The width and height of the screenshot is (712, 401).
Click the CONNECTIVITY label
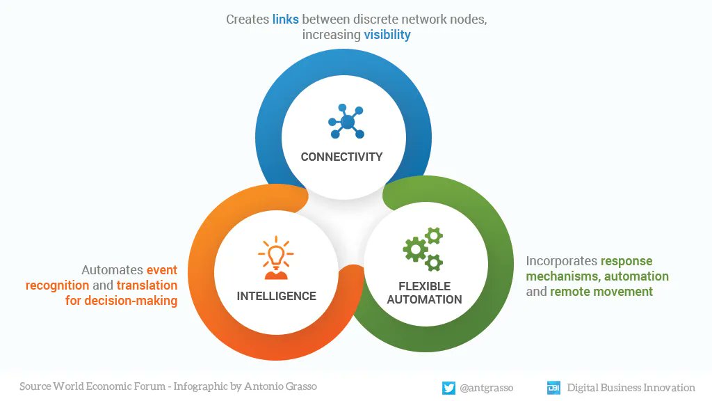click(x=341, y=157)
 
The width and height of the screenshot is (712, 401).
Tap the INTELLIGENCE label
click(x=276, y=296)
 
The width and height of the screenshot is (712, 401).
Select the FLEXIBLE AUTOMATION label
click(x=424, y=293)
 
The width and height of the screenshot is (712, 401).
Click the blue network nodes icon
click(x=346, y=122)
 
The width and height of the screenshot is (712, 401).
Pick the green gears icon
click(x=423, y=249)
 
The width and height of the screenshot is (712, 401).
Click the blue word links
click(x=285, y=19)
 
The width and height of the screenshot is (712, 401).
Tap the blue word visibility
click(x=387, y=35)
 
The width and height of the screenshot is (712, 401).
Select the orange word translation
click(x=147, y=285)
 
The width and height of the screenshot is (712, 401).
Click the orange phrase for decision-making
click(x=122, y=301)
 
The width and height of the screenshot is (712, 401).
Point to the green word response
click(x=626, y=261)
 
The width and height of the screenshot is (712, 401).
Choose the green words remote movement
click(x=601, y=292)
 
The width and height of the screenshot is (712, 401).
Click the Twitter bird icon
click(x=448, y=388)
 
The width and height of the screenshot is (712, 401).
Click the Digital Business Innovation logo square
click(x=553, y=388)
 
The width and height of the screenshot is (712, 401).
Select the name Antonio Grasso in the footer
click(x=280, y=386)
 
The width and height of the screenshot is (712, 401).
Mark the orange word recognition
click(x=57, y=285)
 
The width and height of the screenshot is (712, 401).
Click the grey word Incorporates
click(x=560, y=261)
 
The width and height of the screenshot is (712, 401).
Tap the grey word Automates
click(x=112, y=270)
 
